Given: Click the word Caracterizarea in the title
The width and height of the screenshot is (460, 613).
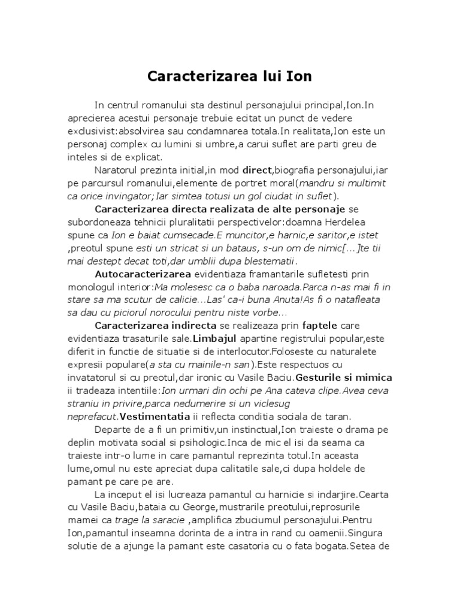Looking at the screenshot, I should point(195,77).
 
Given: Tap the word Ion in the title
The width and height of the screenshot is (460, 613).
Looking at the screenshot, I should point(298,77).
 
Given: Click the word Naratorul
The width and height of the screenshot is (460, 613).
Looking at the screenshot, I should point(121,171).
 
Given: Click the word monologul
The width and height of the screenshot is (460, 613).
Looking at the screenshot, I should point(93,287).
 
